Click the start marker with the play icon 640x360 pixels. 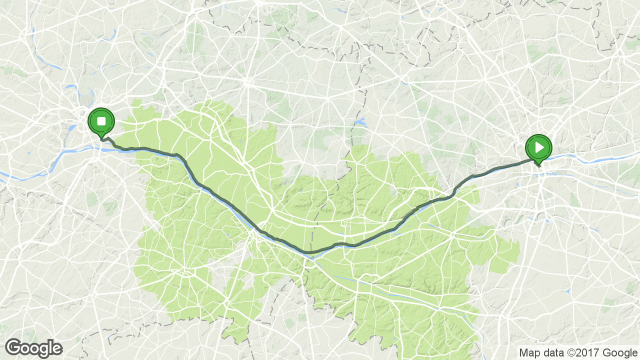coord(538,147)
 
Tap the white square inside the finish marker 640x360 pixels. coord(101,121)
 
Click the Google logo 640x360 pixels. coord(33,348)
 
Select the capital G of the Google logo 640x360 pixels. coord(14,347)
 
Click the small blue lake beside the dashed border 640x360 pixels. coord(360,122)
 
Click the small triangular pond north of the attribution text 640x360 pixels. coord(568,290)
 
